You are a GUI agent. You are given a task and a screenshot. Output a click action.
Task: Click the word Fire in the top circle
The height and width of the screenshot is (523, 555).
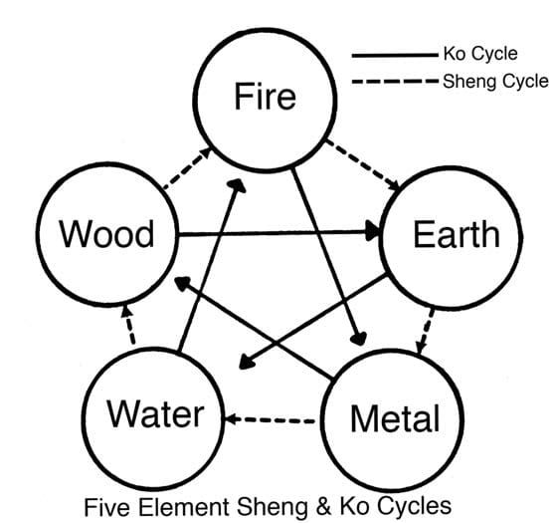tap(266, 96)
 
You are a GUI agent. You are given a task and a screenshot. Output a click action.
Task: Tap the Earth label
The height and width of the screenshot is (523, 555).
tap(457, 234)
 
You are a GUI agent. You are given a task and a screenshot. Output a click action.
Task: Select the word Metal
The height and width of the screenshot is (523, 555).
tap(395, 418)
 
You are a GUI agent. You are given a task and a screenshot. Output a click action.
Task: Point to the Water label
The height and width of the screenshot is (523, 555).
tap(156, 413)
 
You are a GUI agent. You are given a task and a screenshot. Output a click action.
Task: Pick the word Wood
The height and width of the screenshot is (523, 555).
tap(106, 233)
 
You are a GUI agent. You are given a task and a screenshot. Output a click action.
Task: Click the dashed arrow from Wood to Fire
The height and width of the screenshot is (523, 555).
tap(187, 168)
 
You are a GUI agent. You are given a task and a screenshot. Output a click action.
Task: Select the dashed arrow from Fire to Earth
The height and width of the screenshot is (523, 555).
tap(363, 164)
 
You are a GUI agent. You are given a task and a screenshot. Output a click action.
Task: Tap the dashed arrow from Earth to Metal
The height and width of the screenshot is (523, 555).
tap(425, 331)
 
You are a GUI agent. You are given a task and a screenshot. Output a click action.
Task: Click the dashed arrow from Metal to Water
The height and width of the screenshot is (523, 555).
tap(271, 419)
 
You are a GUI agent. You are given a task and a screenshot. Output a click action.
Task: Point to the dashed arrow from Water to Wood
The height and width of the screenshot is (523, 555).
tap(129, 325)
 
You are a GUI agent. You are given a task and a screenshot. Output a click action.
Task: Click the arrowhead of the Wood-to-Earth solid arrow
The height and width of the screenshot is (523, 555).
tap(373, 231)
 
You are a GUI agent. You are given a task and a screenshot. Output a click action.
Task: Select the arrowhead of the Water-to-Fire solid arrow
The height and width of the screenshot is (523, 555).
tap(237, 185)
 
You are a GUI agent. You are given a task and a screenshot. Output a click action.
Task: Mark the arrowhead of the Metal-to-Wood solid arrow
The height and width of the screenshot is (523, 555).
tap(183, 284)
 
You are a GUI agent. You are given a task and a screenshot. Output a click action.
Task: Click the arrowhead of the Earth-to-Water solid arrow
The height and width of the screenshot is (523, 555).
tap(247, 363)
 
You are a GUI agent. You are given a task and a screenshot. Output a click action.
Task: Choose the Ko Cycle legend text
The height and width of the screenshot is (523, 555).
tap(480, 54)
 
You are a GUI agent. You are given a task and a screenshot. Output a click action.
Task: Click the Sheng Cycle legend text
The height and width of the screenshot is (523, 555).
tap(495, 82)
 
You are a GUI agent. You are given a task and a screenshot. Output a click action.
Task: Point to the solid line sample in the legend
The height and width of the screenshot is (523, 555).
tap(395, 55)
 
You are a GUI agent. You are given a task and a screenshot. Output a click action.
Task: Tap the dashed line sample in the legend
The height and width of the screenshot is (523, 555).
tap(395, 82)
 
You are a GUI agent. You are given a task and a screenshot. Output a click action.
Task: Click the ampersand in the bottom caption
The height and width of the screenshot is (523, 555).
tap(323, 506)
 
